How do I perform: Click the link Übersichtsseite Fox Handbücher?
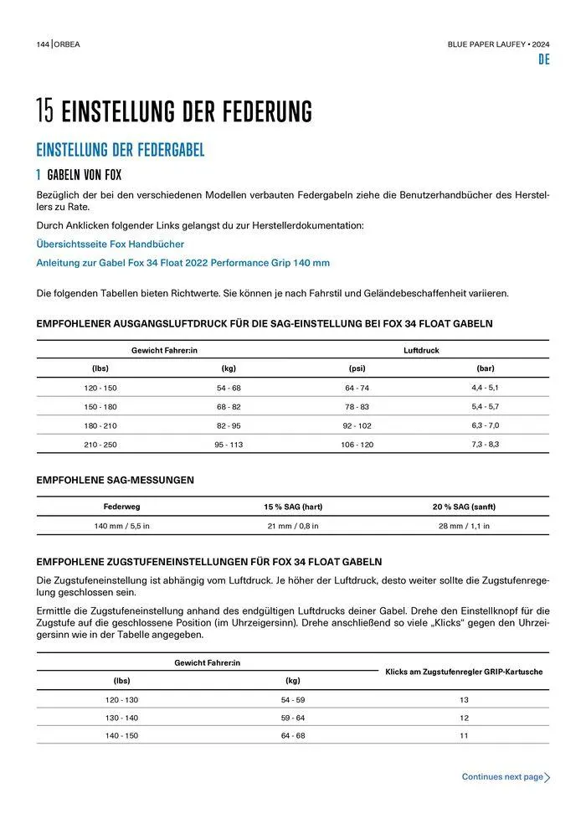(x=111, y=244)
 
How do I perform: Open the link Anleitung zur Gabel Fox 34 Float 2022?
(x=182, y=263)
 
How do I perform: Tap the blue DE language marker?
(x=543, y=60)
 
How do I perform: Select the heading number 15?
(x=45, y=111)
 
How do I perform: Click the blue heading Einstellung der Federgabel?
(x=121, y=151)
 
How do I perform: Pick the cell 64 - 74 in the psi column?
(x=357, y=389)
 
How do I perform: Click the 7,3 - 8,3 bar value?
(x=485, y=444)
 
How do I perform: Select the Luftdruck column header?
(x=421, y=350)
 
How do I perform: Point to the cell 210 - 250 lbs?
(x=100, y=445)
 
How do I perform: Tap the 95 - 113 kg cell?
(x=229, y=445)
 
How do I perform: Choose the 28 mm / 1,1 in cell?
(x=464, y=526)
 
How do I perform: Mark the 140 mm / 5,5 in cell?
(x=121, y=526)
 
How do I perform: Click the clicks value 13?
(x=464, y=699)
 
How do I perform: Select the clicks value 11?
(x=464, y=735)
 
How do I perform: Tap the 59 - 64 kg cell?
(x=293, y=718)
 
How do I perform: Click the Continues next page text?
(x=502, y=777)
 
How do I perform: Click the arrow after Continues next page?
(x=547, y=778)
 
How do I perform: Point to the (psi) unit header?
(x=357, y=368)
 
